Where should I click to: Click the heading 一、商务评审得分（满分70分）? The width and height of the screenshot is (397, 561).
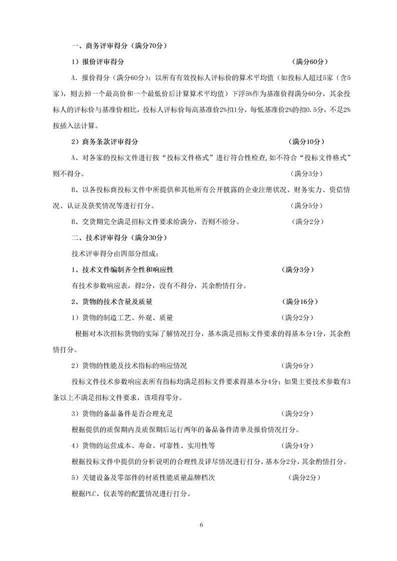click(119, 46)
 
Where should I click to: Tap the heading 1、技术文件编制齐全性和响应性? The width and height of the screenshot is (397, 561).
click(123, 269)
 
